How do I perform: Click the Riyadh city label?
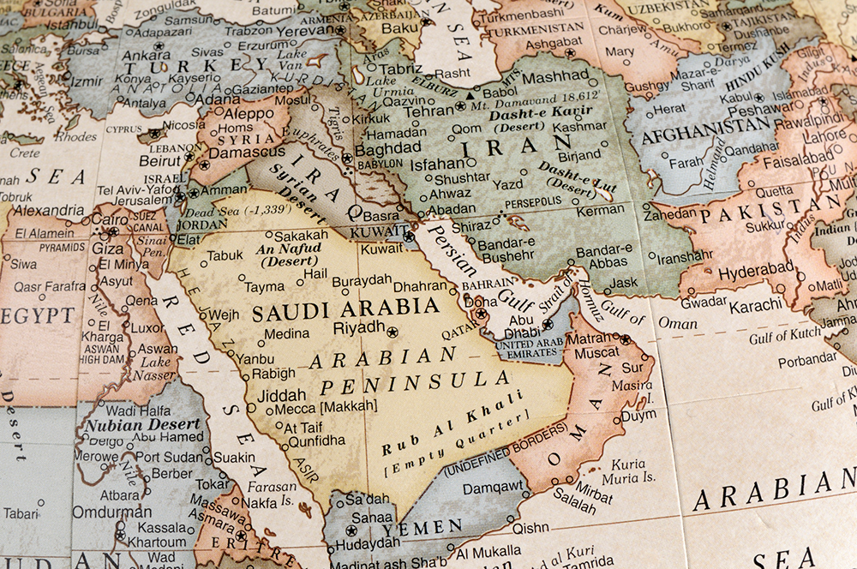click(x=359, y=326)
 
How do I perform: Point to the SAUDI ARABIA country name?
click(x=345, y=308)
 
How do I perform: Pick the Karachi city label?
click(x=756, y=304)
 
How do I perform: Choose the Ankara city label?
click(x=146, y=55)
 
